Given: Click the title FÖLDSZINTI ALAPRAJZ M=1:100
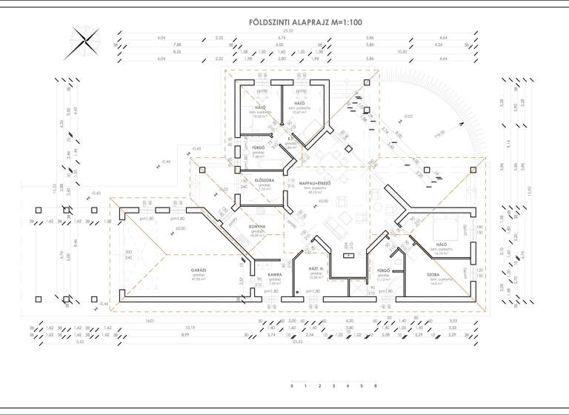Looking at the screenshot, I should pyautogui.click(x=305, y=22).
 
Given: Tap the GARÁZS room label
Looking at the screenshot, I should pyautogui.click(x=177, y=274).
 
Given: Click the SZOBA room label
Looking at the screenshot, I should pyautogui.click(x=433, y=274).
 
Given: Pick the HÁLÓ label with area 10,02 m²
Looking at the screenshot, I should pyautogui.click(x=260, y=107).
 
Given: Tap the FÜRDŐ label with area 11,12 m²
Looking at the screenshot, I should pyautogui.click(x=383, y=270).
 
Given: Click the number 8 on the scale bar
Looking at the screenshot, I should pyautogui.click(x=376, y=387).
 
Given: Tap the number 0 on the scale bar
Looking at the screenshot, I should pyautogui.click(x=292, y=387).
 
